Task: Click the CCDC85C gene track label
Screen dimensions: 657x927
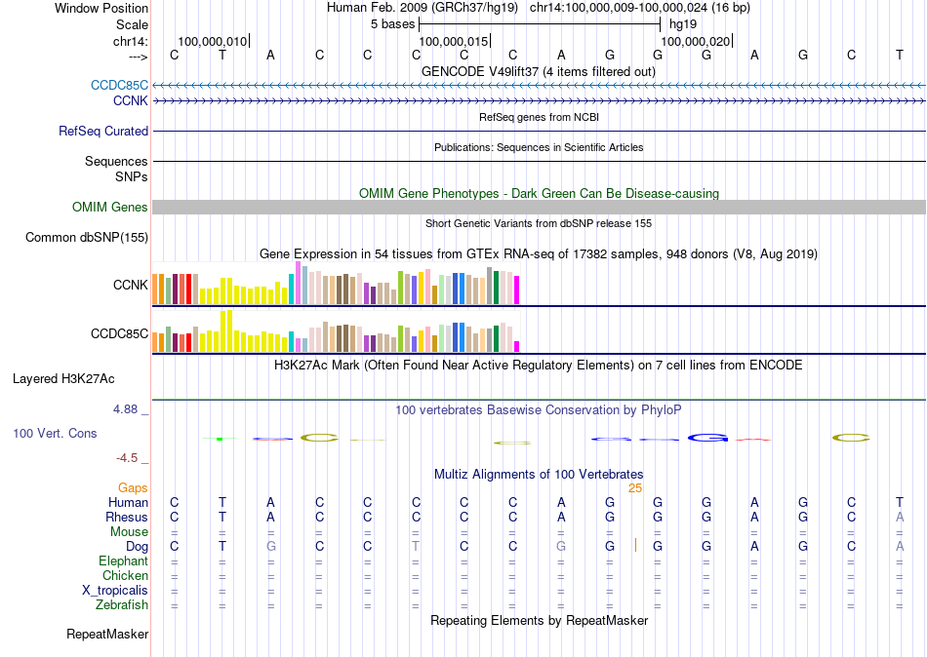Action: (119, 85)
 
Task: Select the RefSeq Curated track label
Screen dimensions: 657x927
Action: (103, 131)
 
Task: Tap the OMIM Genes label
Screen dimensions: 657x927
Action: (110, 207)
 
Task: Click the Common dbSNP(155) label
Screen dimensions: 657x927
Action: (87, 237)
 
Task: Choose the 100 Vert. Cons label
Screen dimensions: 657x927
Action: (55, 433)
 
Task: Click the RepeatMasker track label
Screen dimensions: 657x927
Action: (107, 635)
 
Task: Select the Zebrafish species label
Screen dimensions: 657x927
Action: (123, 605)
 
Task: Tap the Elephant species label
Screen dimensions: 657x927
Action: (123, 560)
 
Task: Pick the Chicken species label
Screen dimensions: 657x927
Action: (125, 576)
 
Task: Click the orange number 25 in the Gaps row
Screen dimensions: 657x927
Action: (634, 487)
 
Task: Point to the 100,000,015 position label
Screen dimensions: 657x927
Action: (453, 41)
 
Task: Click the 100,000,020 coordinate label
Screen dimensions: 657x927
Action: (695, 41)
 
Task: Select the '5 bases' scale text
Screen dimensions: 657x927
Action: (391, 23)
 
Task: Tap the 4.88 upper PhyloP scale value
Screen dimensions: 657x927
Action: (128, 409)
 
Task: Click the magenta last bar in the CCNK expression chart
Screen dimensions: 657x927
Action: (517, 290)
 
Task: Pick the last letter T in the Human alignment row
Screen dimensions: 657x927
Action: (900, 502)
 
